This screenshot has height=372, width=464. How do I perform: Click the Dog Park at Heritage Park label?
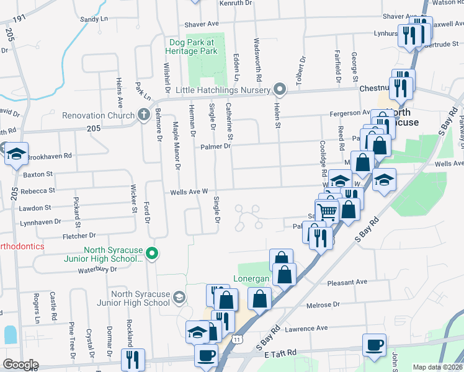click(x=193, y=46)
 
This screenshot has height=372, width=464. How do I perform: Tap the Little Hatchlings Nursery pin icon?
click(x=280, y=89)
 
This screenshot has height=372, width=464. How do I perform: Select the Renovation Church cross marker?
click(x=143, y=115)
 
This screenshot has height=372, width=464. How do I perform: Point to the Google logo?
click(x=20, y=365)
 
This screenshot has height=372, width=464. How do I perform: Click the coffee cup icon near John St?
click(x=375, y=345)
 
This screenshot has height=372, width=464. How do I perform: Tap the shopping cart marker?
click(x=327, y=211)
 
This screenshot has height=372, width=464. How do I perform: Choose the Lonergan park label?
click(x=251, y=278)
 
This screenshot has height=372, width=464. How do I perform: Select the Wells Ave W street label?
click(x=189, y=192)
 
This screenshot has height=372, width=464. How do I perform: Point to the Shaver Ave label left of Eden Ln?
click(x=202, y=24)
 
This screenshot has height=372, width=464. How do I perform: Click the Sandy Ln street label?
click(x=94, y=19)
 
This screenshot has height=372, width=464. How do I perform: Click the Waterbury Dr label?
click(x=97, y=270)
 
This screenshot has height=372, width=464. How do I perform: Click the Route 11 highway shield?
click(x=238, y=340)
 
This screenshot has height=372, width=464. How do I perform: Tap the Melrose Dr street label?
click(x=323, y=305)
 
